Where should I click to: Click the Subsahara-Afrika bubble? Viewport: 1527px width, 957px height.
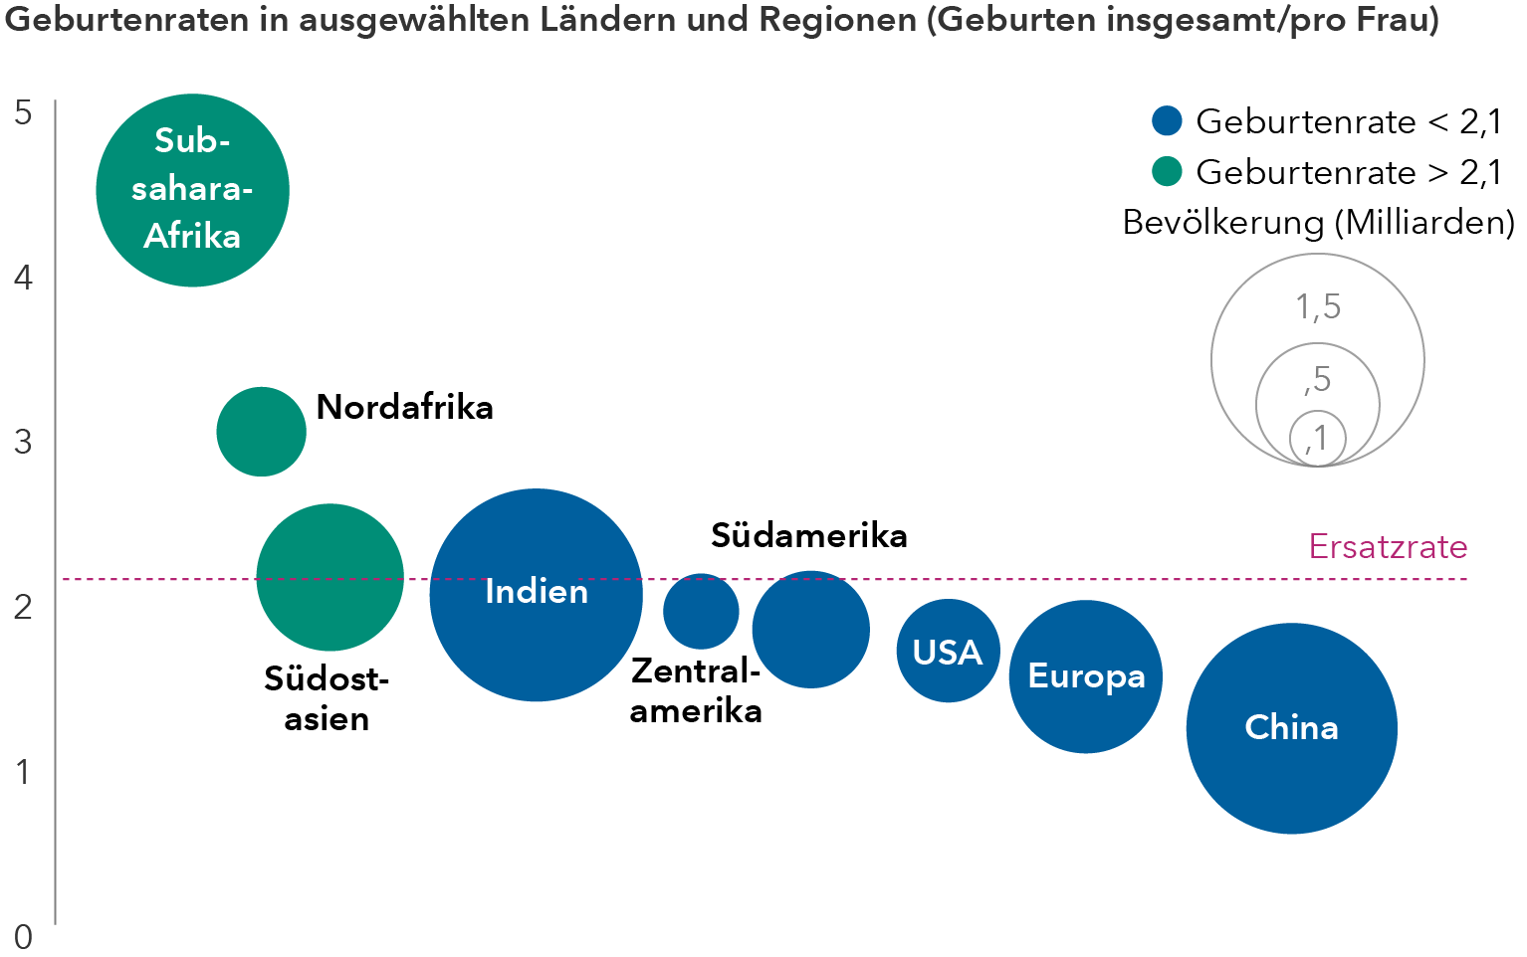tap(192, 190)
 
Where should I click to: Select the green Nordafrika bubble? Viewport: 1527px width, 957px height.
tap(261, 431)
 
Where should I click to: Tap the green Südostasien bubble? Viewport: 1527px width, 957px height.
tap(329, 577)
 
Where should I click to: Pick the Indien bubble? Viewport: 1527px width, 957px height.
tap(536, 594)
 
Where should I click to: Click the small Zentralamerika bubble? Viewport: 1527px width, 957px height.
tap(701, 611)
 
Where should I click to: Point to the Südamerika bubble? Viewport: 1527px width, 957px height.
tap(810, 629)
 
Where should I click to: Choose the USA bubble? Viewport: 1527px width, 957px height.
tap(948, 651)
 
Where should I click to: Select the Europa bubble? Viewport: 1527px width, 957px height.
tap(1085, 676)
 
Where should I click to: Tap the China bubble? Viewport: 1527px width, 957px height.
tap(1291, 728)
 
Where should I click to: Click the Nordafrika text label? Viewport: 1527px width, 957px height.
tap(404, 407)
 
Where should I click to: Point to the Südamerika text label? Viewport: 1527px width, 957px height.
tap(808, 535)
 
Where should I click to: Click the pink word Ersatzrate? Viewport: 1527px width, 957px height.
tap(1388, 546)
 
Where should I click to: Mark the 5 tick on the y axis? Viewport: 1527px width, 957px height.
tap(23, 112)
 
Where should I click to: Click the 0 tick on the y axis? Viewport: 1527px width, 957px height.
tap(23, 936)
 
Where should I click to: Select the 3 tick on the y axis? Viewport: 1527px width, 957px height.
tap(23, 441)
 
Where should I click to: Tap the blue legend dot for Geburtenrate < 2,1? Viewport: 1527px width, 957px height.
tap(1166, 120)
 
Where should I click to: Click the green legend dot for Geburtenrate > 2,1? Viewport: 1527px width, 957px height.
tap(1166, 171)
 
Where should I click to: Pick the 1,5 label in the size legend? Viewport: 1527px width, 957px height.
tap(1317, 306)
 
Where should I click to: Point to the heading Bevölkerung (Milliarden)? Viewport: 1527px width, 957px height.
tap(1318, 222)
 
